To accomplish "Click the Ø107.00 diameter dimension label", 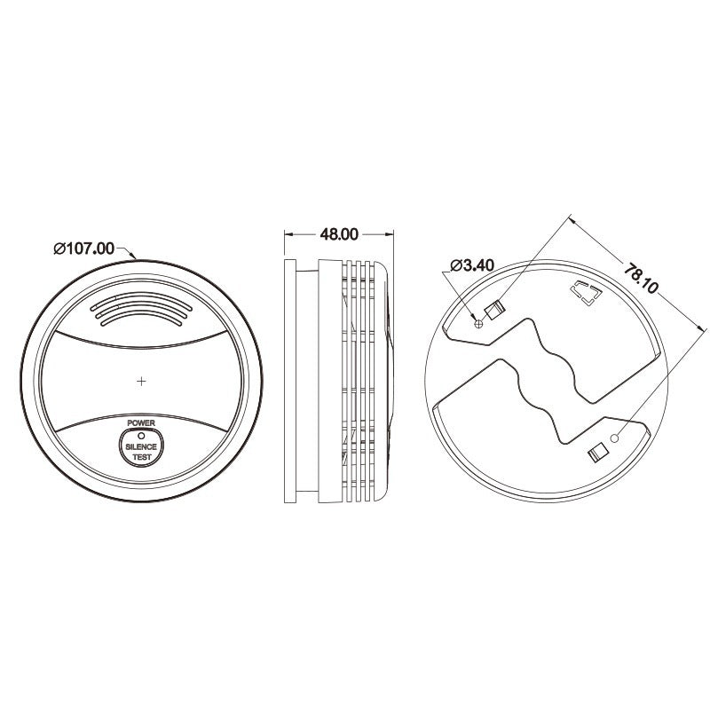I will [84, 248].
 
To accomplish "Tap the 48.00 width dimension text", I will [338, 234].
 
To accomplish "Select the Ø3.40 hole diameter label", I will [472, 265].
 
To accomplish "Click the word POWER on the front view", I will [141, 423].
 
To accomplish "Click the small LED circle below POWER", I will [141, 435].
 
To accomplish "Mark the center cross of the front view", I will [142, 381].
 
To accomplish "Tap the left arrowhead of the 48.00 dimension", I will [287, 234].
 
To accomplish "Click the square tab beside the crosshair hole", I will [494, 309].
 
